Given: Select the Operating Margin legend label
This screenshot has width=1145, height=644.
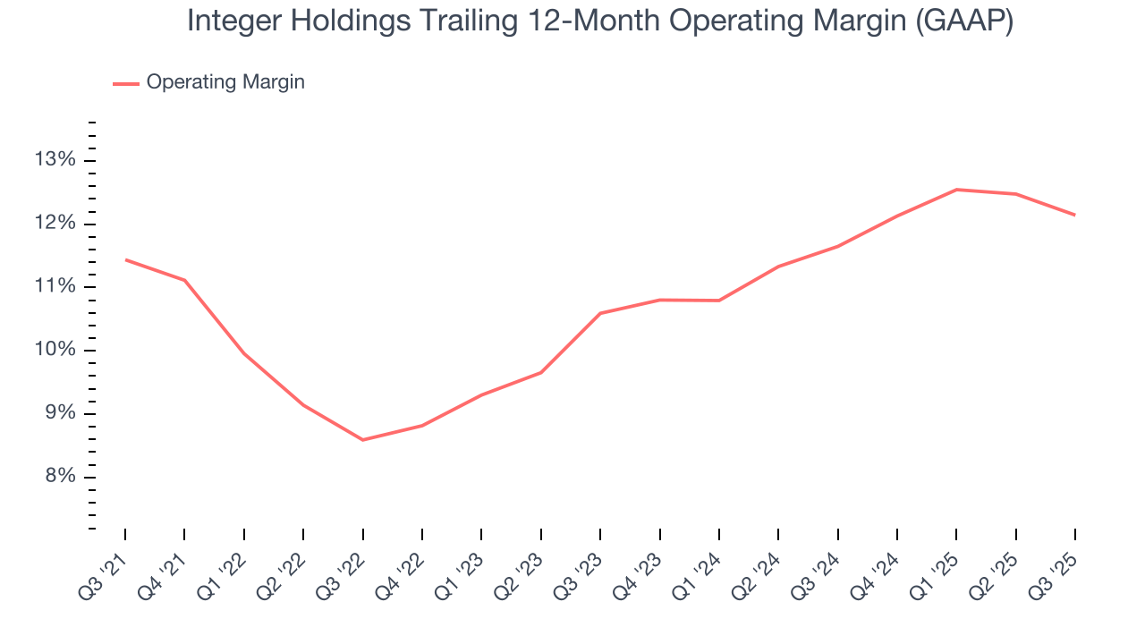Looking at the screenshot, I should (225, 82).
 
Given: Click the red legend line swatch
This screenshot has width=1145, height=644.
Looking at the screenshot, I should (126, 83).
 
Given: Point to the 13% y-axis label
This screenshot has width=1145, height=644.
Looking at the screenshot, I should (55, 160).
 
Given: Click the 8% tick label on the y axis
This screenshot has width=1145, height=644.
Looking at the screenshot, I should (59, 477).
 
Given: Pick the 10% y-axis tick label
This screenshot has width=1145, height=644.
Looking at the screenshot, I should (55, 350).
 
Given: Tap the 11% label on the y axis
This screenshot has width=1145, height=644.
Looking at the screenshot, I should (55, 286).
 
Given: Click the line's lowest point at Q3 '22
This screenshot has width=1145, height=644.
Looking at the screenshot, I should (362, 440).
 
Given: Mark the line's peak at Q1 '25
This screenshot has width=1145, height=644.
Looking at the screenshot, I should (956, 190).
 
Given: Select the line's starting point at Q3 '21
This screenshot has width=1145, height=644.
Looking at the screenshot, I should (125, 259).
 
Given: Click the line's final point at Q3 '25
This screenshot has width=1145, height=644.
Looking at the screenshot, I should (1074, 215).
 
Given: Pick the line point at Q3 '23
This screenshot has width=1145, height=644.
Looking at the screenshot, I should (600, 313).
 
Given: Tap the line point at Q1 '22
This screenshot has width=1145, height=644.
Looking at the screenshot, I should (244, 353).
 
